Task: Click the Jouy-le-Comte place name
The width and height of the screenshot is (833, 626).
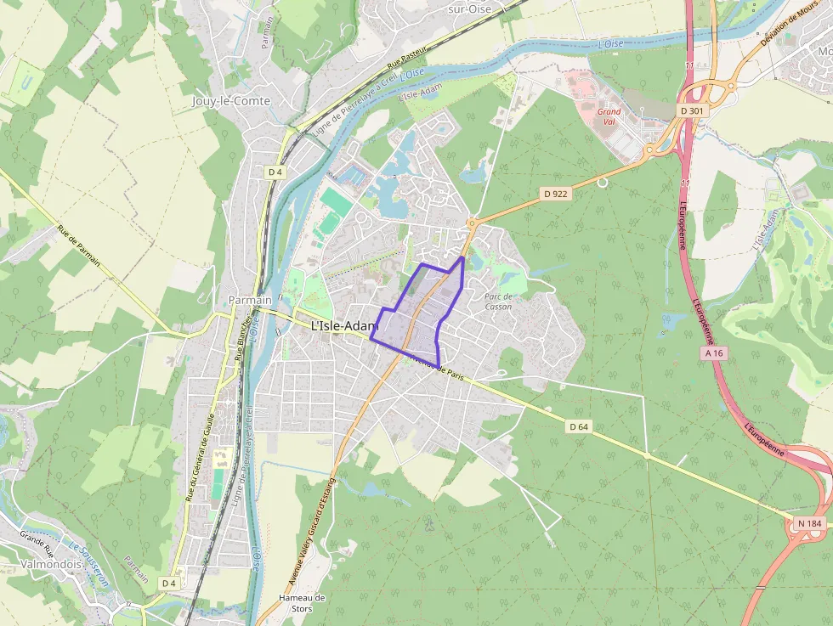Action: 231,101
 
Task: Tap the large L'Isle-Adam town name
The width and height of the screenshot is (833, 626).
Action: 344,325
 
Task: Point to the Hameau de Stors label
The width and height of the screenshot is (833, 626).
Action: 302,603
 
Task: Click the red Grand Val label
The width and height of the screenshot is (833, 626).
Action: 609,116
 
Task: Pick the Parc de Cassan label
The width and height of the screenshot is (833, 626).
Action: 498,301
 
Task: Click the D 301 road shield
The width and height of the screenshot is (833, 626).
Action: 691,111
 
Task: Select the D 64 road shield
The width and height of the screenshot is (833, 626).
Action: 579,426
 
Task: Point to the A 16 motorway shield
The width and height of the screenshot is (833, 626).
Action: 712,352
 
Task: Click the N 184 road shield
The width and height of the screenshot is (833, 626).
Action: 808,524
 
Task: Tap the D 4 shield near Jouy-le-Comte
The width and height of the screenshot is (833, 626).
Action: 275,172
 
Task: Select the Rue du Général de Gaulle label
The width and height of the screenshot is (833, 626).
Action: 199,459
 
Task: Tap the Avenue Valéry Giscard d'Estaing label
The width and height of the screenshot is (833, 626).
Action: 311,532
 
